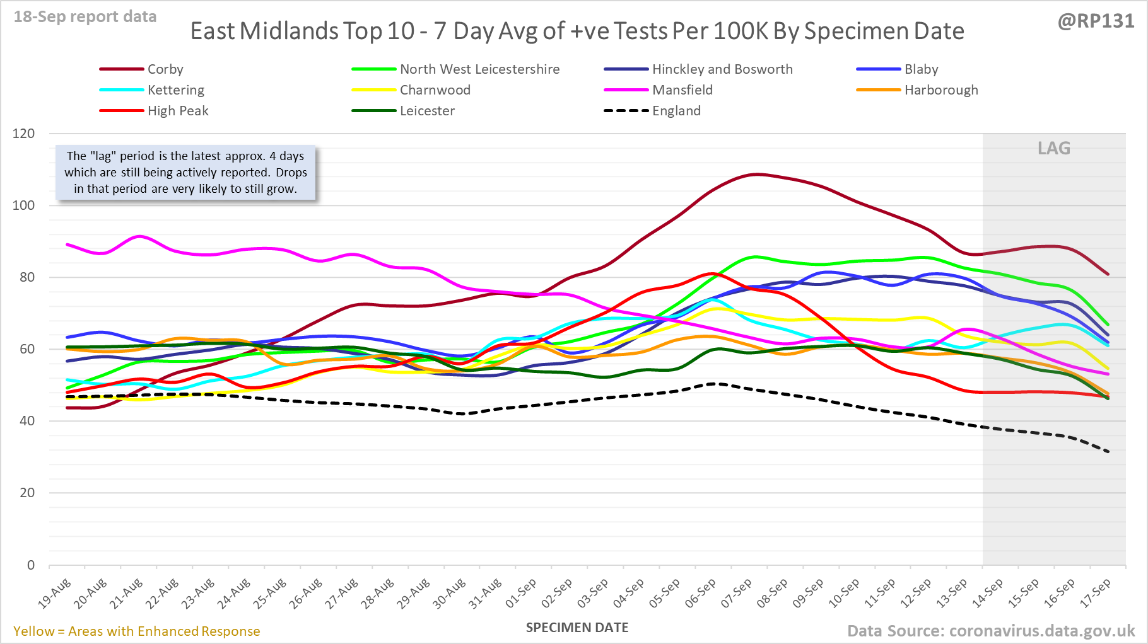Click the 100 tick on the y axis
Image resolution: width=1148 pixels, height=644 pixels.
click(23, 205)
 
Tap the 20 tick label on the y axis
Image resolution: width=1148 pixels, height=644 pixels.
click(27, 493)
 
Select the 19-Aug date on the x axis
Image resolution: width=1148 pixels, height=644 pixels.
click(55, 593)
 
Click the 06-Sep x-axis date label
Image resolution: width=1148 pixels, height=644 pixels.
click(701, 593)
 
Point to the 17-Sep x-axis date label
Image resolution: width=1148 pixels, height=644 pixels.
click(1096, 593)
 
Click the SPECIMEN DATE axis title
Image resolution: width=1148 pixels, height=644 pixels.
click(577, 628)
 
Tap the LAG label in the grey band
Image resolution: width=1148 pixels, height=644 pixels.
click(1054, 148)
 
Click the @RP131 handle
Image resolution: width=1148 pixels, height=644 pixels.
click(1096, 21)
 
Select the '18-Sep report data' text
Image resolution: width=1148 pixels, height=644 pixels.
click(85, 17)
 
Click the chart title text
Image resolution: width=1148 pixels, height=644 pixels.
click(577, 31)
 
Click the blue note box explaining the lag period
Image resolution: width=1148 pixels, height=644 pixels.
click(185, 173)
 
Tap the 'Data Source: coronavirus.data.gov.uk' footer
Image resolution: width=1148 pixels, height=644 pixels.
click(990, 631)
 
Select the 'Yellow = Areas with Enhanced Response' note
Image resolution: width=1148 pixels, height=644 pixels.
click(137, 631)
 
